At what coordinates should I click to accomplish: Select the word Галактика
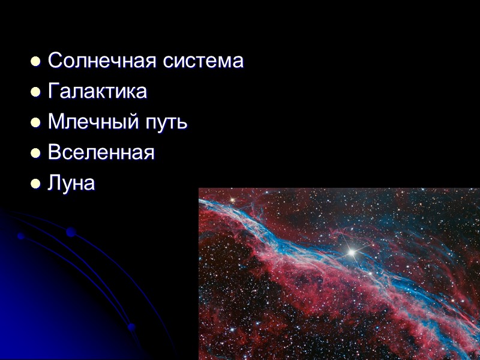pyautogui.click(x=97, y=92)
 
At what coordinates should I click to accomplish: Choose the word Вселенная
pyautogui.click(x=101, y=152)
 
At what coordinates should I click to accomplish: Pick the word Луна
pyautogui.click(x=71, y=183)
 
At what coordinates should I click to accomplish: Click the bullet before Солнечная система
pyautogui.click(x=35, y=61)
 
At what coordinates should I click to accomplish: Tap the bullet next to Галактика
pyautogui.click(x=35, y=92)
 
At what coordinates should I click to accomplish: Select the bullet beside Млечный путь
pyautogui.click(x=35, y=122)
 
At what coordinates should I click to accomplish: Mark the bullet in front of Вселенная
pyautogui.click(x=35, y=153)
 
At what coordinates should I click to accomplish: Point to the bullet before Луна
pyautogui.click(x=35, y=184)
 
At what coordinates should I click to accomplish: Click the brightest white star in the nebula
pyautogui.click(x=352, y=253)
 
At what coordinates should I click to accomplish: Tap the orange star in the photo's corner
pyautogui.click(x=232, y=198)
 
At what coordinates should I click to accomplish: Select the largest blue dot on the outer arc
pyautogui.click(x=71, y=232)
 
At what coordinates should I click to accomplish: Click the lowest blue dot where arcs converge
pyautogui.click(x=131, y=327)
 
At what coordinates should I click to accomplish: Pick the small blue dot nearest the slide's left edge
pyautogui.click(x=20, y=236)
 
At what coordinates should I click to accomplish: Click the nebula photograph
pyautogui.click(x=339, y=274)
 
